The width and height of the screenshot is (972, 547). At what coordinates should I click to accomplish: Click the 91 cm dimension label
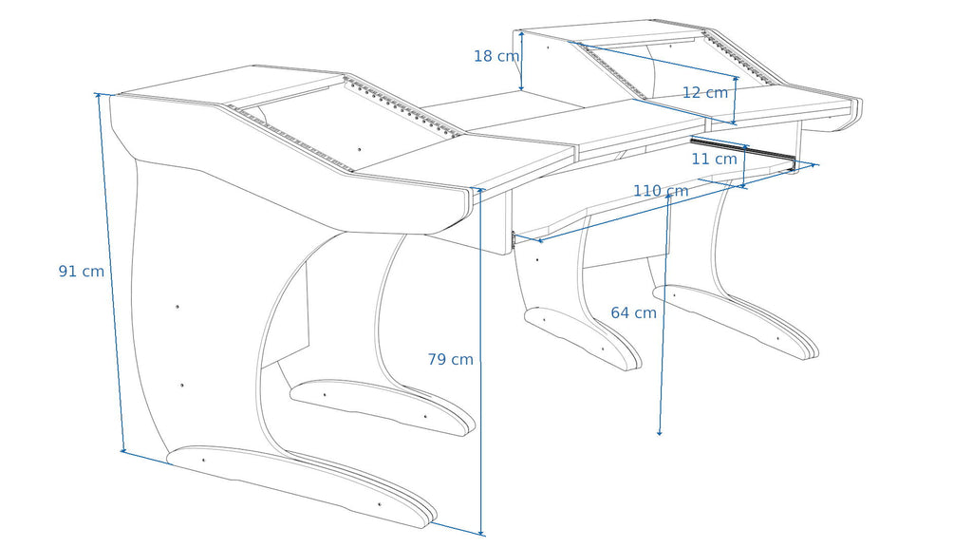click(82, 272)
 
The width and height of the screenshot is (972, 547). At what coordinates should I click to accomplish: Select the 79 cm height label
click(451, 360)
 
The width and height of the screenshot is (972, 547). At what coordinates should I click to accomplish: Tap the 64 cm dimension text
click(633, 313)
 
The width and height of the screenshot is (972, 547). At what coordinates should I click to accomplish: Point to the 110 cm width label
click(661, 191)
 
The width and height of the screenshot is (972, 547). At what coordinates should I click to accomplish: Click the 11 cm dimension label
click(714, 160)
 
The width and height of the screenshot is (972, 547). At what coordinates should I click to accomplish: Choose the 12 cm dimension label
click(705, 93)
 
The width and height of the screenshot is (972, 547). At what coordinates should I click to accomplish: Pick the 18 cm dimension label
click(496, 56)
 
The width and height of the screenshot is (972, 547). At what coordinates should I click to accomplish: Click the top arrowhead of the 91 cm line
click(98, 96)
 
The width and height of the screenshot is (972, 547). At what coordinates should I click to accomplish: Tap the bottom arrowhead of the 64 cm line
click(660, 432)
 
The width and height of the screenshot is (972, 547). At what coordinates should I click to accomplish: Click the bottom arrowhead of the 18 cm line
click(521, 87)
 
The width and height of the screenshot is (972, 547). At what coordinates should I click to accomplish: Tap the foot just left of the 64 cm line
click(583, 338)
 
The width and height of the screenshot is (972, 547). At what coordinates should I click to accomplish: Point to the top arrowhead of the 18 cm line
click(522, 33)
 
